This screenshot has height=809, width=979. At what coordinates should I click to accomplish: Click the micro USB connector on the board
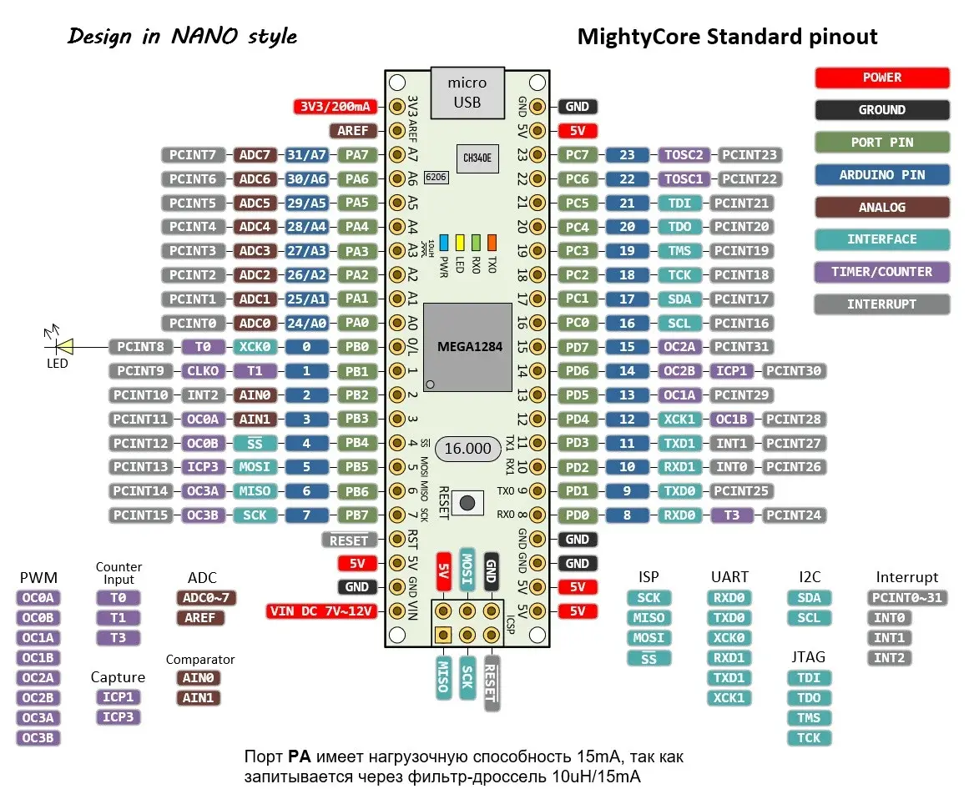[x=467, y=93]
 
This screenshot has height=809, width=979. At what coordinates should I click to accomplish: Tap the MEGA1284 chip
[x=467, y=348]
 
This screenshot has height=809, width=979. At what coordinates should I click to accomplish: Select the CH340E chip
[x=477, y=158]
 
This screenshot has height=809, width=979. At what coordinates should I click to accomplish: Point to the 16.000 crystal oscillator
[x=467, y=449]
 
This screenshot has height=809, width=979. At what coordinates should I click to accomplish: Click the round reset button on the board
[x=467, y=503]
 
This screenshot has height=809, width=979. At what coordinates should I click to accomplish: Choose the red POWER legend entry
[x=881, y=78]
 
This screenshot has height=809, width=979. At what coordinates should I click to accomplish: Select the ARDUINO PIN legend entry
[x=881, y=175]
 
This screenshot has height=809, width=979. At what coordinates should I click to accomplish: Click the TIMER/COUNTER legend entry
[x=881, y=272]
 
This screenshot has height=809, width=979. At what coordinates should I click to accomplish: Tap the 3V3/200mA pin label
[x=336, y=107]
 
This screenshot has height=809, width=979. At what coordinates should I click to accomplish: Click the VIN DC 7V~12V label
[x=321, y=611]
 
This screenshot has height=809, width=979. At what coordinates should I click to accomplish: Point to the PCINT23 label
[x=749, y=154]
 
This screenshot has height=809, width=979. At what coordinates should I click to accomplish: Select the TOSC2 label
[x=683, y=154]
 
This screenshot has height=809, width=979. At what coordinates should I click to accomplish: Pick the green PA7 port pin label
[x=357, y=154]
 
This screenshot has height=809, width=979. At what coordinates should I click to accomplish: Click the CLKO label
[x=203, y=371]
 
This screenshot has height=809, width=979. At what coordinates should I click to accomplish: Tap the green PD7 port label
[x=577, y=348]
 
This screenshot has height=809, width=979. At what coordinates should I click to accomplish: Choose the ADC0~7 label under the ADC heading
[x=205, y=597]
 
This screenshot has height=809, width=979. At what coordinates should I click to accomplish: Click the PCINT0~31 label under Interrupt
[x=906, y=597]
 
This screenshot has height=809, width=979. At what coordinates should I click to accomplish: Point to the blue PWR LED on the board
[x=444, y=242]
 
